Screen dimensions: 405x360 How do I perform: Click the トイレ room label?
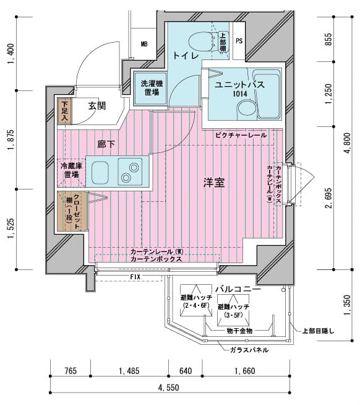[x=186, y=56]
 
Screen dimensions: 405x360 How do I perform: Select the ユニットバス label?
[x=240, y=85]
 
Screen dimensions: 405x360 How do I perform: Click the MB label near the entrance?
[x=144, y=44]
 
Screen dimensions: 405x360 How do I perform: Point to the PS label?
[x=239, y=42]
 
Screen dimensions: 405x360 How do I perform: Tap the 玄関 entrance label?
[x=96, y=106]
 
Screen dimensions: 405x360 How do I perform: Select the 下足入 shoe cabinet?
[x=64, y=112]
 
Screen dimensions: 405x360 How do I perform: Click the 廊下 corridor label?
[x=106, y=144]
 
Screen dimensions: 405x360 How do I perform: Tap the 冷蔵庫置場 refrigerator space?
[x=71, y=170]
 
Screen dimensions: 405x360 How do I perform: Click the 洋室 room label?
[x=214, y=183]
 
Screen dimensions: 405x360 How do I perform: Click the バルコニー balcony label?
[x=238, y=289]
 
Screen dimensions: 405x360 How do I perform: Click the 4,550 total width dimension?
[x=168, y=388]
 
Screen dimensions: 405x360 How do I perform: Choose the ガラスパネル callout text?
[x=248, y=350]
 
